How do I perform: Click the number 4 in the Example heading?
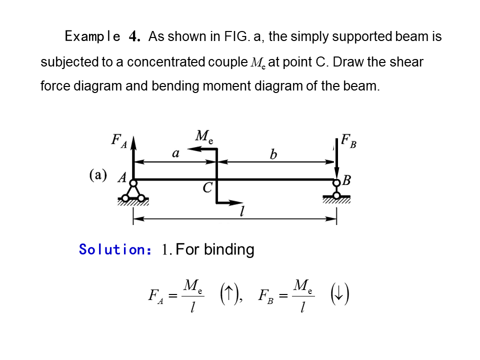coord(133,37)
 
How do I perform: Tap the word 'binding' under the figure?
coord(229,249)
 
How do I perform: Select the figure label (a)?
coord(98,175)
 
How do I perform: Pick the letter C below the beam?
coord(208,187)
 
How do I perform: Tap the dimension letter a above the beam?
coord(175,153)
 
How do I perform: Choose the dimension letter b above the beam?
coord(273,154)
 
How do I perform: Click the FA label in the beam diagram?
coord(119,140)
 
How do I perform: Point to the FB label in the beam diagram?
coord(348,141)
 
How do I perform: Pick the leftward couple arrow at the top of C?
coord(202,149)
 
